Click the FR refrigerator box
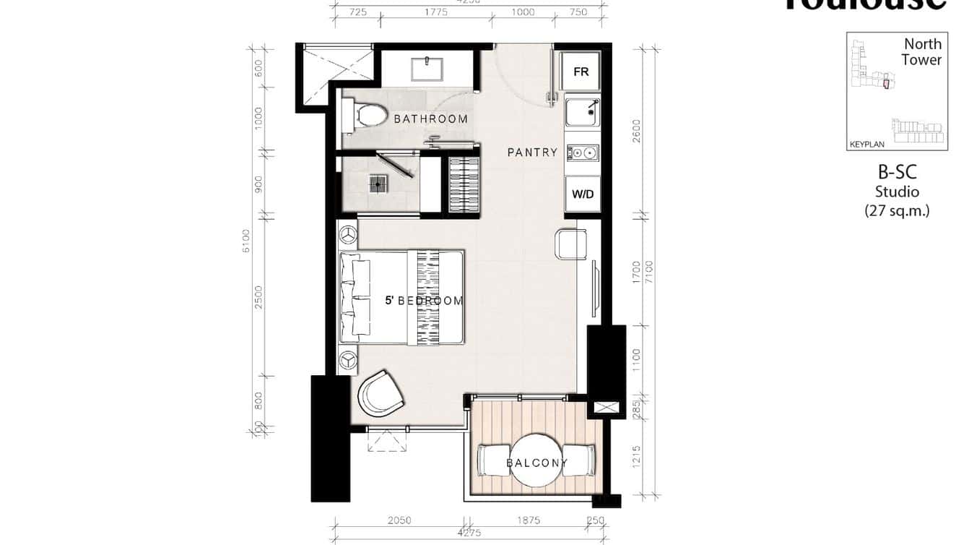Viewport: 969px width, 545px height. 581,72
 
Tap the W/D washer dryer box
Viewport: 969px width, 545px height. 583,194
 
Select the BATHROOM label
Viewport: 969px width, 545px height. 430,119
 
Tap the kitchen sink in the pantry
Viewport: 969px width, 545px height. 583,113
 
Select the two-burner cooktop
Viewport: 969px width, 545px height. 583,153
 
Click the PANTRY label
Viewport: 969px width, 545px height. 532,153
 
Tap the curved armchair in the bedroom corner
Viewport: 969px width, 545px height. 380,394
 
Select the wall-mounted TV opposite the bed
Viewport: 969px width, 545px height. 595,288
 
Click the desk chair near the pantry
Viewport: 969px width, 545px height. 570,244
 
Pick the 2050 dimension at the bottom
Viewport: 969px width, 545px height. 399,520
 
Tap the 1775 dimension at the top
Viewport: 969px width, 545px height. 436,12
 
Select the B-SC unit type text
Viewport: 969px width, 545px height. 897,173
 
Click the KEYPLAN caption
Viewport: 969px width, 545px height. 866,145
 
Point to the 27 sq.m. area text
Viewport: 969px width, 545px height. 897,211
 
